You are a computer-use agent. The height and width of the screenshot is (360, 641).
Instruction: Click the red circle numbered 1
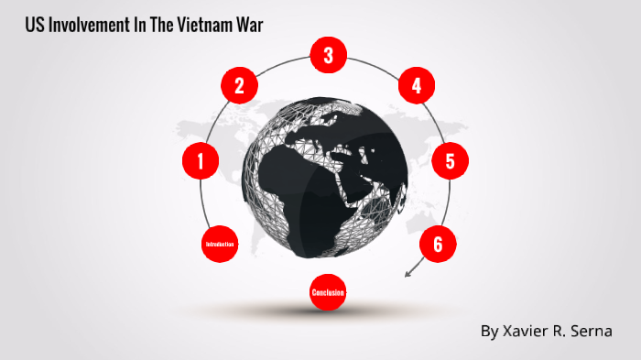(201, 161)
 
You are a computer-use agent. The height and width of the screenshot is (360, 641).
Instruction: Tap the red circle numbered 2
(239, 86)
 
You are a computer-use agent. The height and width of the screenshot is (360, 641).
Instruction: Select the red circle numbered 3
(328, 56)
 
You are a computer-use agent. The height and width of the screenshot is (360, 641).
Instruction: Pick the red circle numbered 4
(416, 86)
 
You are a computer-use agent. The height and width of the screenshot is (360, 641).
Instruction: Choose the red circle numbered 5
(450, 161)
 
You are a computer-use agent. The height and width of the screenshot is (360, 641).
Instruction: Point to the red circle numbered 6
(438, 244)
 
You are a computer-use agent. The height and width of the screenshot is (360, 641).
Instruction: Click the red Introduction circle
(220, 245)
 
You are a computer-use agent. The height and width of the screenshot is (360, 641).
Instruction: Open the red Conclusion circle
(328, 292)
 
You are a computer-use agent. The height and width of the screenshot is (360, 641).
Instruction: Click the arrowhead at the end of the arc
(407, 274)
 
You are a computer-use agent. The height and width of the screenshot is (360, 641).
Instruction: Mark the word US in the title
(35, 25)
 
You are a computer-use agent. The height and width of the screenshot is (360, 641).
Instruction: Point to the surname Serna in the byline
(591, 331)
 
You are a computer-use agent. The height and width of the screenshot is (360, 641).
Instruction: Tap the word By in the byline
(489, 331)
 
